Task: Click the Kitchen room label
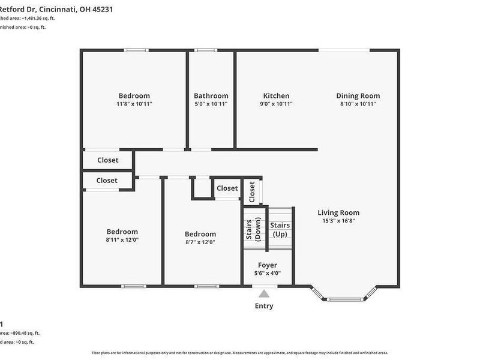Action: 276,96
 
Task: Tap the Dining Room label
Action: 358,96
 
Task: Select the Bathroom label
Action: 211,96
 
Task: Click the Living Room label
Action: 338,212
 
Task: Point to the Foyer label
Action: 268,265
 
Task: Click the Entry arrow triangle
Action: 264,293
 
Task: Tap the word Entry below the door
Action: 264,306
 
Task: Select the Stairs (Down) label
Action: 253,229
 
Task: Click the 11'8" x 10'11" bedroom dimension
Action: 134,104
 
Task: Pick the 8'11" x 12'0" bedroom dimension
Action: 122,240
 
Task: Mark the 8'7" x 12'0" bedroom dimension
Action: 200,242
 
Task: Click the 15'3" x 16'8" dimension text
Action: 338,221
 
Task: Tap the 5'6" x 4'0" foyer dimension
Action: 268,274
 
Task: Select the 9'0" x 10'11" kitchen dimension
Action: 276,104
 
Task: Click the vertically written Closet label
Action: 252,191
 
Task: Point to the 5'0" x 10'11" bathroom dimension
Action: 211,104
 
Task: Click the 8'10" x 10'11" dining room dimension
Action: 358,104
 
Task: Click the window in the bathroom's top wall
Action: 207,50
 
